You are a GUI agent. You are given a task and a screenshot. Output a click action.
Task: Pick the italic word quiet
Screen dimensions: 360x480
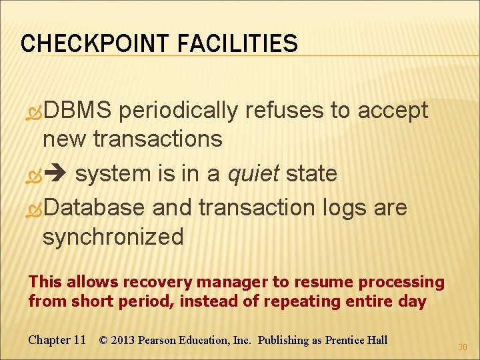(x=254, y=174)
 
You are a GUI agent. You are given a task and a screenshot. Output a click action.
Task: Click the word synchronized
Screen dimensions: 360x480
(x=113, y=237)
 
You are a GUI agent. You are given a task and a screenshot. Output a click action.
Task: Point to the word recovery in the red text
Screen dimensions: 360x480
(x=130, y=283)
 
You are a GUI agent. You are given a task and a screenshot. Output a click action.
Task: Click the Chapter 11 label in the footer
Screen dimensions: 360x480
(x=57, y=340)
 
